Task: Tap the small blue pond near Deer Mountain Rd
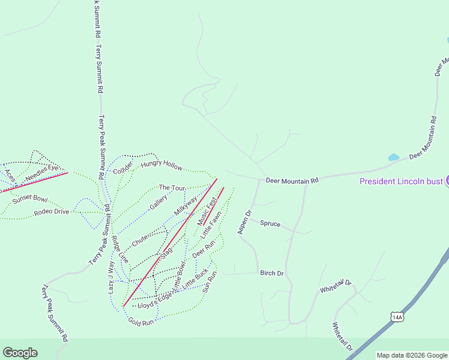(x=394, y=157)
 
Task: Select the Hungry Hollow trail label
(x=161, y=164)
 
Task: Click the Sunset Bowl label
(x=30, y=199)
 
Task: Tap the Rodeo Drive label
(x=51, y=212)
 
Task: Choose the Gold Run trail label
(x=141, y=322)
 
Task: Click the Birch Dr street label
(x=271, y=273)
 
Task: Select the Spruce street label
(x=270, y=224)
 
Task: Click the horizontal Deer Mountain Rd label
(x=292, y=180)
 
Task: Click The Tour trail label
(x=172, y=188)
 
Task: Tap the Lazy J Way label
(x=111, y=277)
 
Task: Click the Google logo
(x=20, y=353)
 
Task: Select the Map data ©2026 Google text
(x=411, y=355)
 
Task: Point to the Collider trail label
(x=122, y=167)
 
